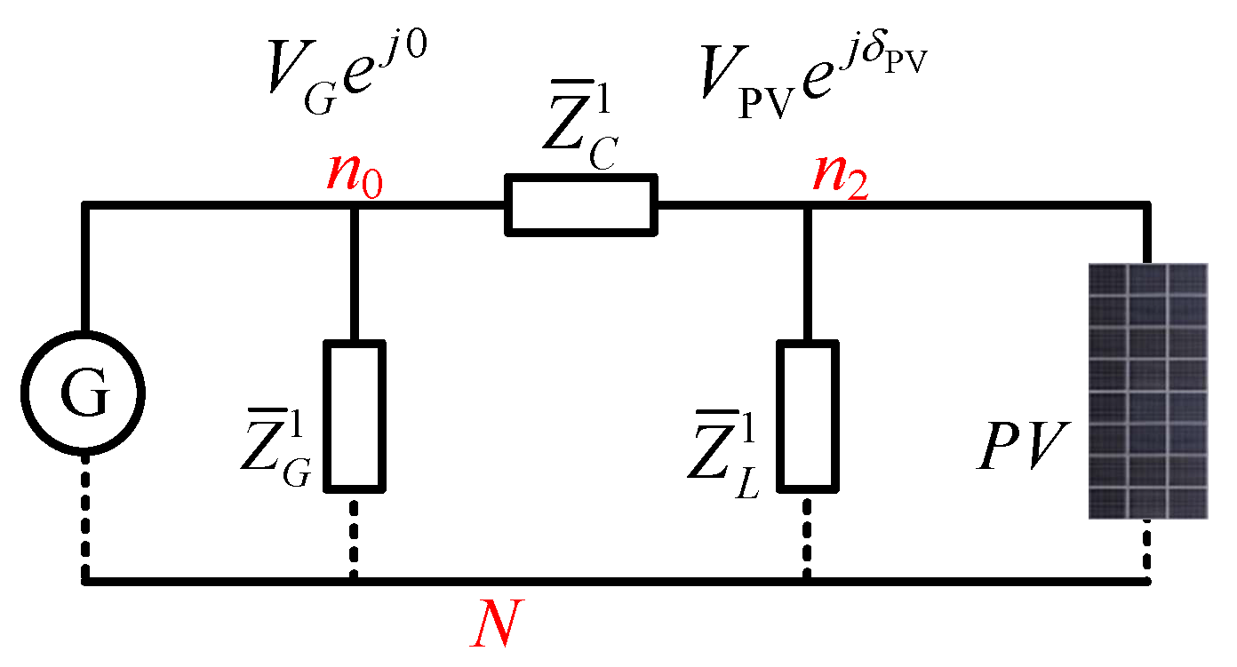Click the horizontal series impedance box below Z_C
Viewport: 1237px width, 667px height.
tap(581, 205)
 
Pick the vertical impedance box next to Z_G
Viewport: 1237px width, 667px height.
tap(354, 416)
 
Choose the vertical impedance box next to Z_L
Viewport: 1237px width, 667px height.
tap(808, 416)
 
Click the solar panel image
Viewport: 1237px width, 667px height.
tap(1147, 391)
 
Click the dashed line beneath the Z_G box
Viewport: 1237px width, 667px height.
tap(354, 536)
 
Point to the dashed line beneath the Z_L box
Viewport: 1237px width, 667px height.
tap(808, 536)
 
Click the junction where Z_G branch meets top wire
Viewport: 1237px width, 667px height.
tap(354, 206)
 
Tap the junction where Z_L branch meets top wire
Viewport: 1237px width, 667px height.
tap(808, 206)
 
